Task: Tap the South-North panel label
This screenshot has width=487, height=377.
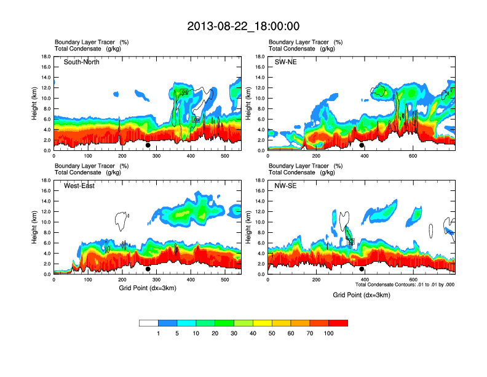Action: pos(82,62)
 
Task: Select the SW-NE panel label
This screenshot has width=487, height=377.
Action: pos(287,62)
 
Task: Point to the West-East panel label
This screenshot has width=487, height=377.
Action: pos(79,186)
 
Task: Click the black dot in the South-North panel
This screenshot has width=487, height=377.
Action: pos(148,145)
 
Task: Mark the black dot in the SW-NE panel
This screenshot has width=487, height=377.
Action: pos(362,145)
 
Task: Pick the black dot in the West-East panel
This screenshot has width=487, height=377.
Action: pos(148,269)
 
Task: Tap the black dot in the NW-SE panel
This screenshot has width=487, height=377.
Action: pos(362,269)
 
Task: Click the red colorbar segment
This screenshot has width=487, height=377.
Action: pos(338,323)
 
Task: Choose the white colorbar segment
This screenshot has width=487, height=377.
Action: pos(149,323)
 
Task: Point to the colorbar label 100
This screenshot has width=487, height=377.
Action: pos(329,333)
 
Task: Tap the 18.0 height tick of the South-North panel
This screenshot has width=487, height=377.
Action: pos(46,57)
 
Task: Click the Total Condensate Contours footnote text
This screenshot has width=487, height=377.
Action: pos(405,285)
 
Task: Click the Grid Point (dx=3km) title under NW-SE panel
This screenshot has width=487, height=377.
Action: pos(362,295)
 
